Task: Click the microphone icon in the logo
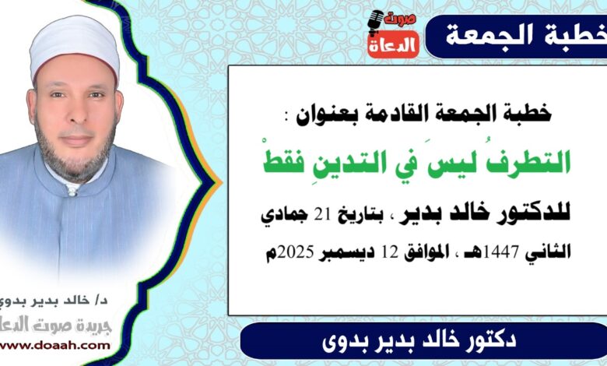click(x=376, y=23)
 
